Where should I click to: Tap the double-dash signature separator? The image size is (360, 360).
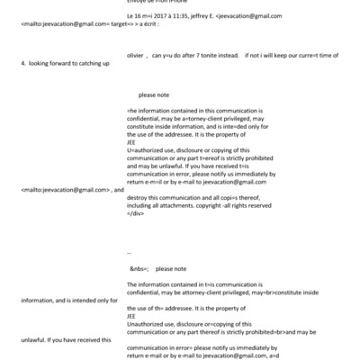131,253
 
